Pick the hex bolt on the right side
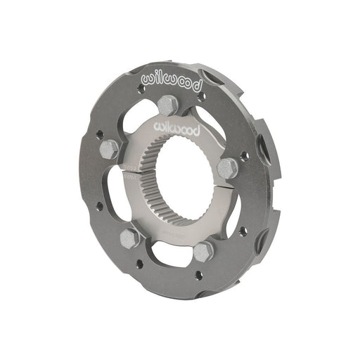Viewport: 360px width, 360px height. [227, 167]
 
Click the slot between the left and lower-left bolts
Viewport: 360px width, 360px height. [112, 197]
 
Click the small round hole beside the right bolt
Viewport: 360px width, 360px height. [243, 156]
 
